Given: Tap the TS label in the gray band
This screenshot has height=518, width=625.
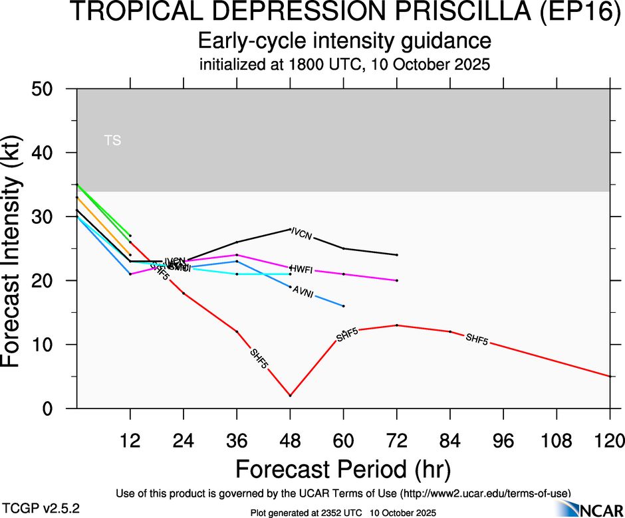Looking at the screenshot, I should pos(112,141).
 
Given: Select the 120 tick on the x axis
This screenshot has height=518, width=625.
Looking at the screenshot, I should pos(610,440).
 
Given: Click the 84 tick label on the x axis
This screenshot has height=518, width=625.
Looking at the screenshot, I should pos(450,440).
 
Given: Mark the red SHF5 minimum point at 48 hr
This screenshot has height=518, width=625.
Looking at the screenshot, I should pos(291,396).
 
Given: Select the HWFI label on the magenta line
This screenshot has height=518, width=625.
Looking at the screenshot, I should pos(302,268).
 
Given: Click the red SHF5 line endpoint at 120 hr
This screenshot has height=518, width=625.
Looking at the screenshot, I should pos(610,377).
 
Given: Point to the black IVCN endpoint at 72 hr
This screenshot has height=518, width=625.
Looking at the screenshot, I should pos(397,255).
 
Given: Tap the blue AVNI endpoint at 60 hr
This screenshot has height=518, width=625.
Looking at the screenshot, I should pos(344,306).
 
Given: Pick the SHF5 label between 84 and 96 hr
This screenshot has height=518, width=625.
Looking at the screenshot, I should pos(477,339).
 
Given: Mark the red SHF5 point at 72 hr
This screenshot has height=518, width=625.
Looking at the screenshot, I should pos(397,325).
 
